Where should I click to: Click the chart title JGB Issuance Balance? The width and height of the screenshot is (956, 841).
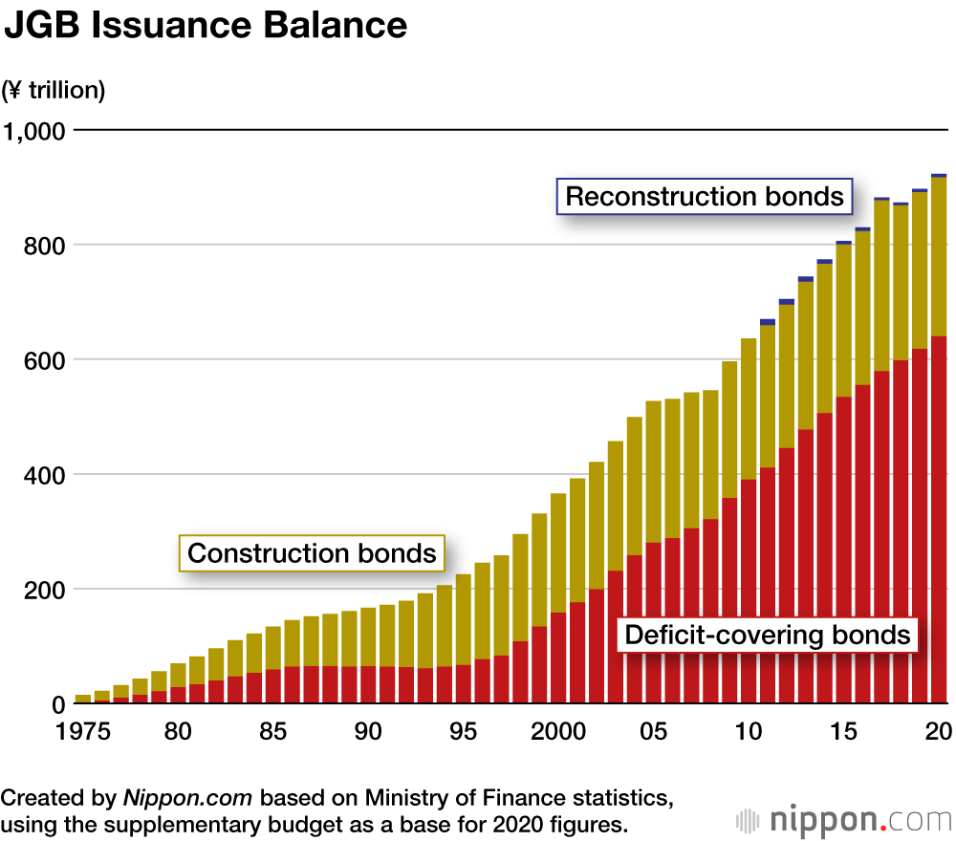(x=206, y=26)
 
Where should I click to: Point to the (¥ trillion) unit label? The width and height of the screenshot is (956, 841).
(x=54, y=91)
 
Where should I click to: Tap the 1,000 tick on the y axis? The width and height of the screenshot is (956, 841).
(x=34, y=130)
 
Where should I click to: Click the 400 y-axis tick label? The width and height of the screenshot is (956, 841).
(x=46, y=475)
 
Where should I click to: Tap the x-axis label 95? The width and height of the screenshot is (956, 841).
(x=464, y=732)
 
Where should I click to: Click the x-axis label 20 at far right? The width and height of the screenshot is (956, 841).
(x=939, y=732)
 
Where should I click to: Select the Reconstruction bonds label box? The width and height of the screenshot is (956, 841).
(x=705, y=197)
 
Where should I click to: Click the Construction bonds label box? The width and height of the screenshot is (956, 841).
(x=312, y=553)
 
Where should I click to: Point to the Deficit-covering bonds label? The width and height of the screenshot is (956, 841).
(x=767, y=635)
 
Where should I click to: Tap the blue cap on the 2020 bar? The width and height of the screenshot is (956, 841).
(x=938, y=176)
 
